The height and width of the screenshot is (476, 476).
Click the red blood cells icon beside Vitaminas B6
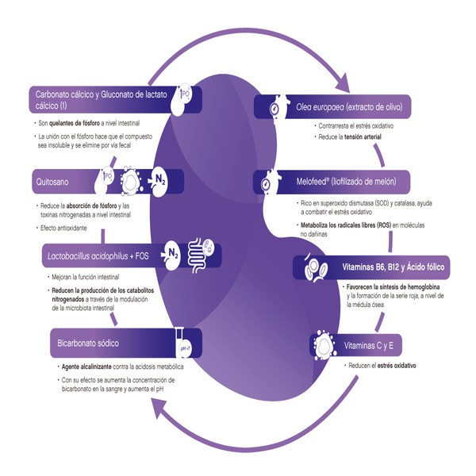(316, 267)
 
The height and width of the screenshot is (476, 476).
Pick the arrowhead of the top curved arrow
(343, 82)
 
